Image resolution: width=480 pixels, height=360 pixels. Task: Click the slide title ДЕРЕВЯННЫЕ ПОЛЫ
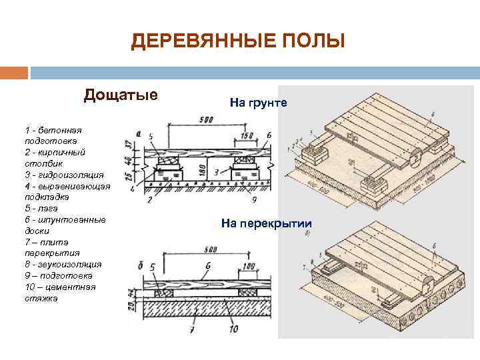click(238, 42)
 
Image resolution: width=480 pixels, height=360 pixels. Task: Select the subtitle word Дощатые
click(121, 95)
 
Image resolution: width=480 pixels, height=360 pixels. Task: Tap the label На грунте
click(258, 103)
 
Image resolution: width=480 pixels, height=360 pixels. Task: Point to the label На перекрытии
click(266, 223)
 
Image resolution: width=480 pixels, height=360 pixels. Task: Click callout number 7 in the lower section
click(193, 329)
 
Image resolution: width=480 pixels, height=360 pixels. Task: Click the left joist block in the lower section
click(161, 291)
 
